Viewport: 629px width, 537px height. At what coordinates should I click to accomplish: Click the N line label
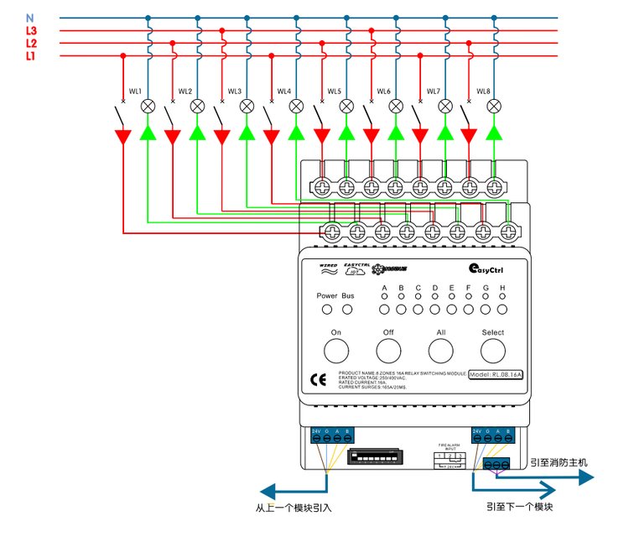point(30,17)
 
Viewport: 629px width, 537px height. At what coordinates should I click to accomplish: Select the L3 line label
point(31,30)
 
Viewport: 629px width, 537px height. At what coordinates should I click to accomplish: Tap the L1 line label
point(31,55)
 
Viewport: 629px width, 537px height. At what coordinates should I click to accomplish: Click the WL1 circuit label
point(135,91)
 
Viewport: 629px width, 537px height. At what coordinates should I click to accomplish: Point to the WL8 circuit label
point(483,91)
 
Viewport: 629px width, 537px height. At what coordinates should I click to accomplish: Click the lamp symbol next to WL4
point(296,107)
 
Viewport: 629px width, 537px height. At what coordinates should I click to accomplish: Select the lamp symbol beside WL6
point(395,107)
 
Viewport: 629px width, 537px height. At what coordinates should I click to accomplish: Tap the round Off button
point(389,346)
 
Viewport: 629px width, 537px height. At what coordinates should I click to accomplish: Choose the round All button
point(441,346)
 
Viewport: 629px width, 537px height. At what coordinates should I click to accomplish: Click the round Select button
point(493,346)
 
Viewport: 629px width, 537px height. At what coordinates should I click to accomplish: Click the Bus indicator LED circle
point(347,310)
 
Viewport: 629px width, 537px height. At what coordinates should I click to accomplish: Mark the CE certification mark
point(319,379)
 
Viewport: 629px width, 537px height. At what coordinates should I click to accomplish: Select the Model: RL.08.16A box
point(496,374)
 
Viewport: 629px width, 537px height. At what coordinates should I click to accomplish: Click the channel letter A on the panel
point(385,288)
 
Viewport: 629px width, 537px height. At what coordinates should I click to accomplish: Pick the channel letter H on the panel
point(502,288)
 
